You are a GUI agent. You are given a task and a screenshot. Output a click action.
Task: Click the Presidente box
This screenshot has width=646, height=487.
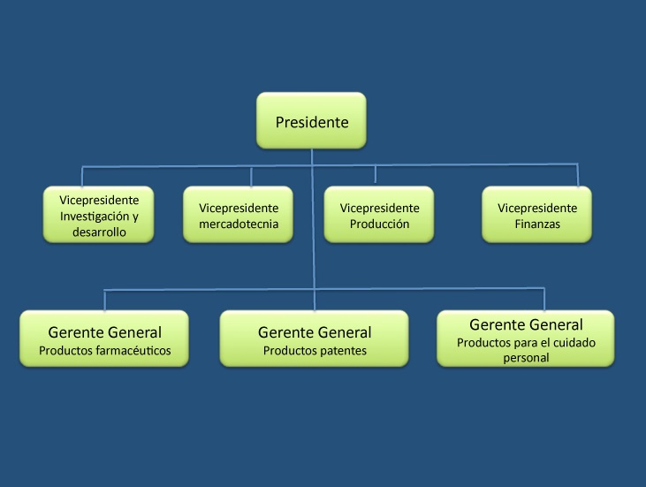click(x=311, y=120)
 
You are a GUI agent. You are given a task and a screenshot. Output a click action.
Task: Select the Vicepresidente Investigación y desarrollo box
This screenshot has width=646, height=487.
click(x=98, y=213)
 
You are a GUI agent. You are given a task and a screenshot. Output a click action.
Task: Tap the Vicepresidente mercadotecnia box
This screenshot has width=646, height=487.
click(x=239, y=215)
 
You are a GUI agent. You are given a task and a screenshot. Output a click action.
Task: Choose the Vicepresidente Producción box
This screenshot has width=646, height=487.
click(x=379, y=215)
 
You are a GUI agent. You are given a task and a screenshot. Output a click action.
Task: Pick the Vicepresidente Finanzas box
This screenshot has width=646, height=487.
click(x=536, y=215)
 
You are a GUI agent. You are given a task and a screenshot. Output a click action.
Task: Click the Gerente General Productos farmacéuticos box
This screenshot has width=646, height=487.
click(x=104, y=339)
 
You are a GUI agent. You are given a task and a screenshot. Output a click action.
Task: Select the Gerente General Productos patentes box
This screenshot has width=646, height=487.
click(x=314, y=339)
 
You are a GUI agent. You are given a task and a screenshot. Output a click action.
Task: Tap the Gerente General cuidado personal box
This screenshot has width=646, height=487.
click(x=525, y=338)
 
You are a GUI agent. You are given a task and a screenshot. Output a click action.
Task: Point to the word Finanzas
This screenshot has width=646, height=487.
click(x=537, y=224)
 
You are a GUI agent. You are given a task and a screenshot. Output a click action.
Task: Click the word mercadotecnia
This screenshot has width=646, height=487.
click(x=239, y=224)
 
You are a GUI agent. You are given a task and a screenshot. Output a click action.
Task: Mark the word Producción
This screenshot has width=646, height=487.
click(x=379, y=224)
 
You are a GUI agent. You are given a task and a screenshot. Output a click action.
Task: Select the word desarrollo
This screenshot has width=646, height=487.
click(x=101, y=232)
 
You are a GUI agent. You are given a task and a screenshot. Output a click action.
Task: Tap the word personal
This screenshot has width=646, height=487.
click(x=526, y=358)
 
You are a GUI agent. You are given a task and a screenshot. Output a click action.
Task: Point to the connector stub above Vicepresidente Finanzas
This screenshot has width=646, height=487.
click(x=578, y=175)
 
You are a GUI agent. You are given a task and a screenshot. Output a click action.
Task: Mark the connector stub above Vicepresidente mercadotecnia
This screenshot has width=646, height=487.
click(x=251, y=176)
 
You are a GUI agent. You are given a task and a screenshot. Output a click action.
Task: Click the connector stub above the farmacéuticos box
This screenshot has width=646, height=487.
click(x=105, y=300)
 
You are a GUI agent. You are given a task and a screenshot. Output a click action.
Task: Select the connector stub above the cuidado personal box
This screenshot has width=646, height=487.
click(x=544, y=299)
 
